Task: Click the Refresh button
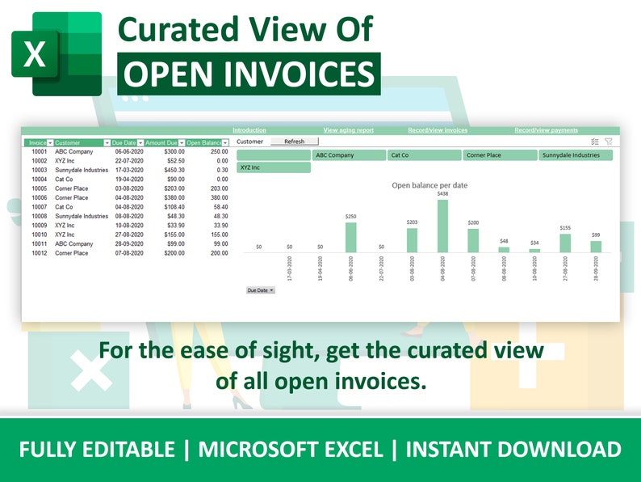click(x=294, y=142)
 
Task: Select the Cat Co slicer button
click(x=424, y=155)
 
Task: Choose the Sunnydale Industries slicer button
click(x=576, y=155)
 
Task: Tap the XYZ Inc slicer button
click(x=274, y=167)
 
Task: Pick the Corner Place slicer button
click(x=500, y=155)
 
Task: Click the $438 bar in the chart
click(x=442, y=226)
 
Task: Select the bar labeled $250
click(x=350, y=237)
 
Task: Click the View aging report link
click(x=348, y=130)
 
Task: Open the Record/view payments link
click(x=546, y=130)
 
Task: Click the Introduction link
click(x=249, y=130)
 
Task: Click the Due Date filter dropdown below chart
click(x=260, y=290)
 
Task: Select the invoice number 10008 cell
click(x=39, y=216)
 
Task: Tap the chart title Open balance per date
click(x=429, y=185)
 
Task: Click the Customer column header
click(x=78, y=142)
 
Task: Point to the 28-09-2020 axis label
click(x=596, y=269)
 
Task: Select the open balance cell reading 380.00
click(x=219, y=197)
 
